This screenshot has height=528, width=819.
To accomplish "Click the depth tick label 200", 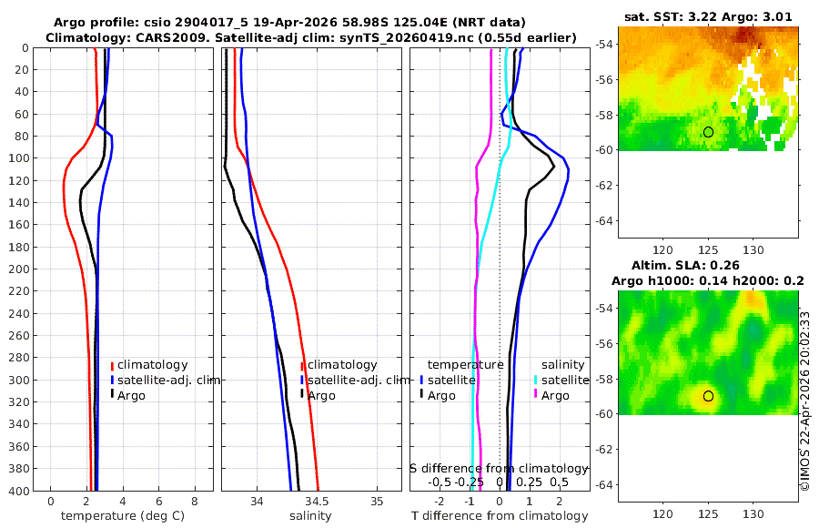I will (x=17, y=269).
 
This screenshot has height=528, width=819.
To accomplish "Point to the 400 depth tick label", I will (x=17, y=491).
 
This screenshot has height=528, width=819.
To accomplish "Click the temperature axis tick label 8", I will (x=195, y=502).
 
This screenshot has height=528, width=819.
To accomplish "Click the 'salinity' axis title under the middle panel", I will (x=309, y=516).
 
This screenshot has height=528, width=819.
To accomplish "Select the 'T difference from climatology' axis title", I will (x=499, y=516).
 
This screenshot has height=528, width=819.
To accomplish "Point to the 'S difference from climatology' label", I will (x=499, y=468).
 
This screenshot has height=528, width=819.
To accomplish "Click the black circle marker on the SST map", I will (x=708, y=132).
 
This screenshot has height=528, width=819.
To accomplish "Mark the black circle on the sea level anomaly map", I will (x=708, y=396).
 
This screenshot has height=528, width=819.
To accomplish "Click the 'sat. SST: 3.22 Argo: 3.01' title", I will (x=708, y=16).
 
